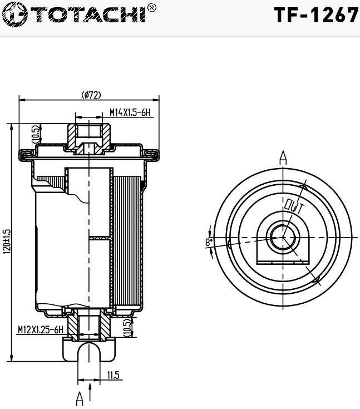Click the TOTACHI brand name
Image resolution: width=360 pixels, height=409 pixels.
click(x=83, y=14)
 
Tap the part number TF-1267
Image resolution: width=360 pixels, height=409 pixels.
click(x=315, y=15)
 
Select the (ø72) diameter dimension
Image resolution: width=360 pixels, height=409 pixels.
click(x=91, y=95)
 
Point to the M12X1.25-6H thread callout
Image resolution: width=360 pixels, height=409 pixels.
click(x=41, y=329)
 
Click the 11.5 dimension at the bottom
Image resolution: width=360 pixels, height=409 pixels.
click(x=113, y=375)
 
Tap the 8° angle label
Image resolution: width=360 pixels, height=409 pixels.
click(x=209, y=242)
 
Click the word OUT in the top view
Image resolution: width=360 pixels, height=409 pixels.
click(x=293, y=208)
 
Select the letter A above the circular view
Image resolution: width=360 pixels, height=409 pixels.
click(x=283, y=157)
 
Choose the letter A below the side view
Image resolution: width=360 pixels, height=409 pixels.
click(x=80, y=398)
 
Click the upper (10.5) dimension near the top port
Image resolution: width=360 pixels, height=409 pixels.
click(x=35, y=134)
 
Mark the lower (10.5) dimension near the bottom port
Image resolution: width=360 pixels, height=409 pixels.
click(x=127, y=327)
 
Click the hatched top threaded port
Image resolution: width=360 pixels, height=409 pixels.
click(x=89, y=134)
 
